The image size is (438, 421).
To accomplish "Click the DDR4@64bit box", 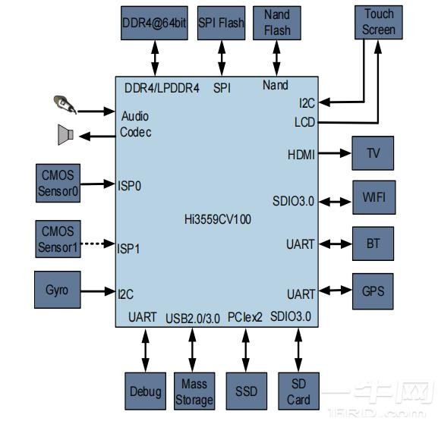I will point(154,23).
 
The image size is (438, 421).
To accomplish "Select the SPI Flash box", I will point(221,23).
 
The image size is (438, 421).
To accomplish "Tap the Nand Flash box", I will point(277,23).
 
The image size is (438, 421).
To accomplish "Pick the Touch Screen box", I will point(379,22).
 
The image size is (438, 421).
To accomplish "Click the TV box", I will point(373,153).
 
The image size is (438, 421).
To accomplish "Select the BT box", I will point(373,244).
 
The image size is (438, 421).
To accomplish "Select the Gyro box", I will point(57,291).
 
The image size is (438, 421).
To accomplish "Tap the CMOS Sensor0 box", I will point(58,183).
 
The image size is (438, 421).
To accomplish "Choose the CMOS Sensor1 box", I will point(58,239).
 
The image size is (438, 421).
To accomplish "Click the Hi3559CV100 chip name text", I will point(218,220).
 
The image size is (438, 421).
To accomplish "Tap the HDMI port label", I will point(301,154).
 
